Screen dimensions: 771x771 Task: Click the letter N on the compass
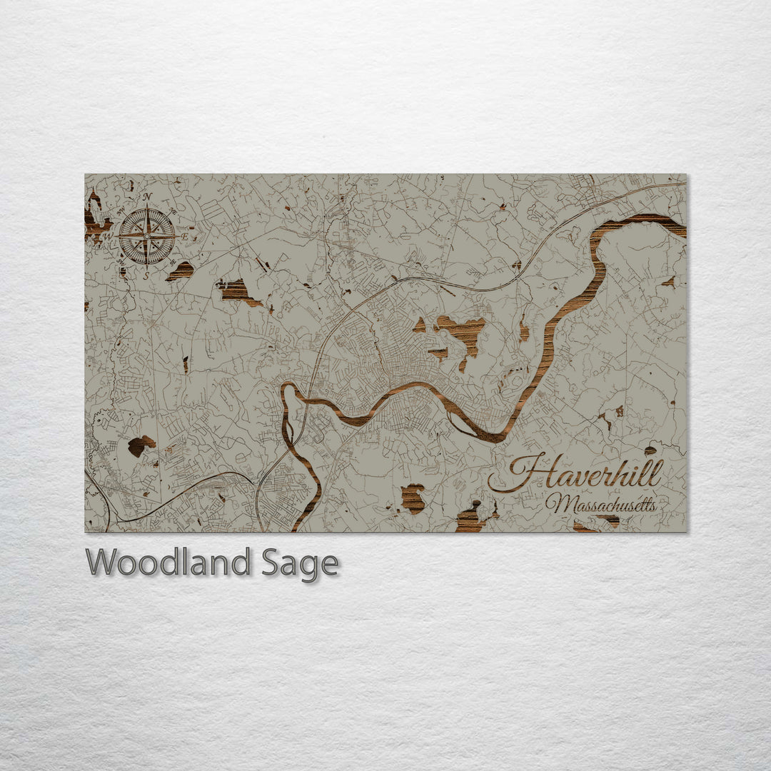pyautogui.click(x=147, y=196)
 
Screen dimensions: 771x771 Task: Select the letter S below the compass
pyautogui.click(x=146, y=274)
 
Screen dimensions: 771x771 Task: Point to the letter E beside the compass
pyautogui.click(x=184, y=236)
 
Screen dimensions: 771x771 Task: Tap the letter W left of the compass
pyautogui.click(x=109, y=236)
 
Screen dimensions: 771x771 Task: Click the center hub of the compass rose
pyautogui.click(x=146, y=235)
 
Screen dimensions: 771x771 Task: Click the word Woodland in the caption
pyautogui.click(x=168, y=563)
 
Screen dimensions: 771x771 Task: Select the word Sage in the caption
pyautogui.click(x=301, y=564)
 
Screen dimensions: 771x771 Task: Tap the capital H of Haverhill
pyautogui.click(x=521, y=474)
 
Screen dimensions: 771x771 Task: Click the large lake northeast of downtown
pyautogui.click(x=463, y=331)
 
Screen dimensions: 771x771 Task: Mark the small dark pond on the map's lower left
pyautogui.click(x=140, y=445)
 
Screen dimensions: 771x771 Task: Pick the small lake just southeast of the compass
pyautogui.click(x=181, y=271)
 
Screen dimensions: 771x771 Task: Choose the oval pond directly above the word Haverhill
pyautogui.click(x=650, y=450)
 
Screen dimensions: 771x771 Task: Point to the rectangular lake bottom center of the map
pyautogui.click(x=413, y=498)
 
